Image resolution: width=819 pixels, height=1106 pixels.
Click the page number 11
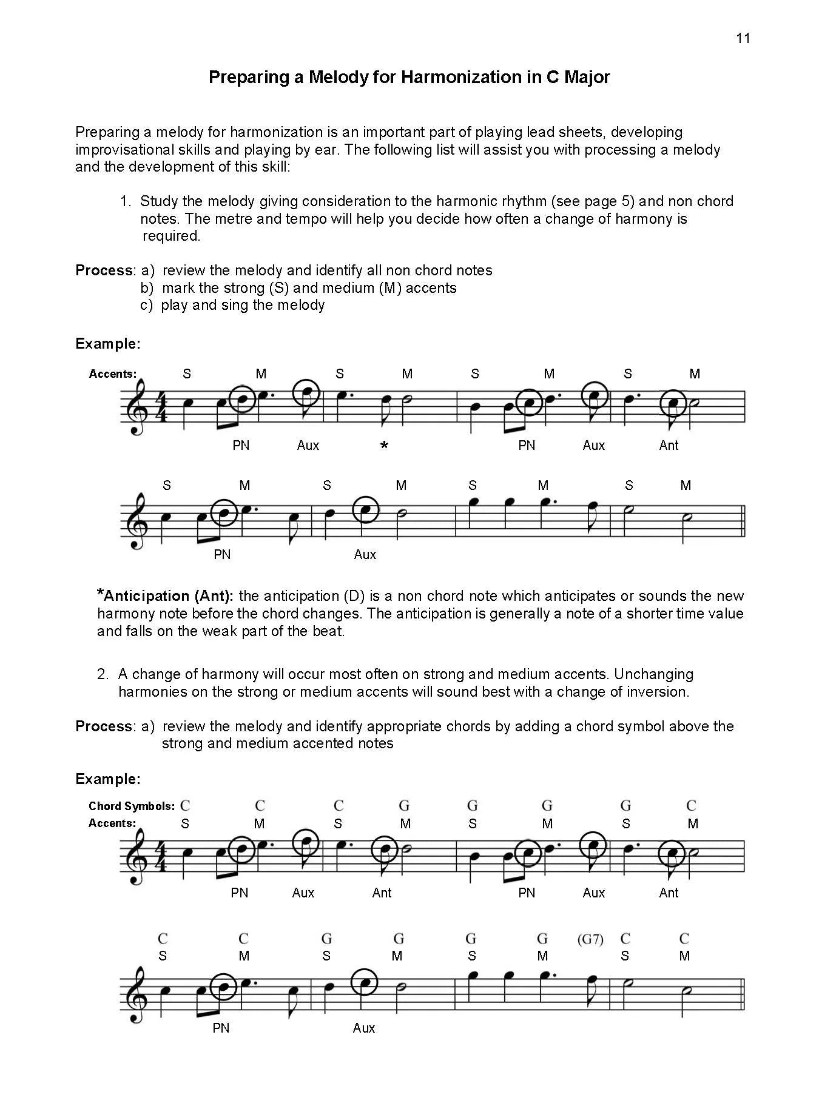click(x=743, y=38)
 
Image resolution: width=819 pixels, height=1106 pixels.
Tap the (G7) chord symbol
click(x=590, y=939)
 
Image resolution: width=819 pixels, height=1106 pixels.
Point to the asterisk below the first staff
click(x=383, y=446)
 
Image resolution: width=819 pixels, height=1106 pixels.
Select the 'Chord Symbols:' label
click(x=131, y=806)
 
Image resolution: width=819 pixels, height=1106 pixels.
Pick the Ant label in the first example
click(x=669, y=445)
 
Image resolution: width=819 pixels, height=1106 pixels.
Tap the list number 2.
click(x=103, y=674)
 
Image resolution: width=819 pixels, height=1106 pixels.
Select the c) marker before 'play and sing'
click(x=146, y=305)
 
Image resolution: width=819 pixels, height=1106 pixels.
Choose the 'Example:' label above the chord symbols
click(x=108, y=779)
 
